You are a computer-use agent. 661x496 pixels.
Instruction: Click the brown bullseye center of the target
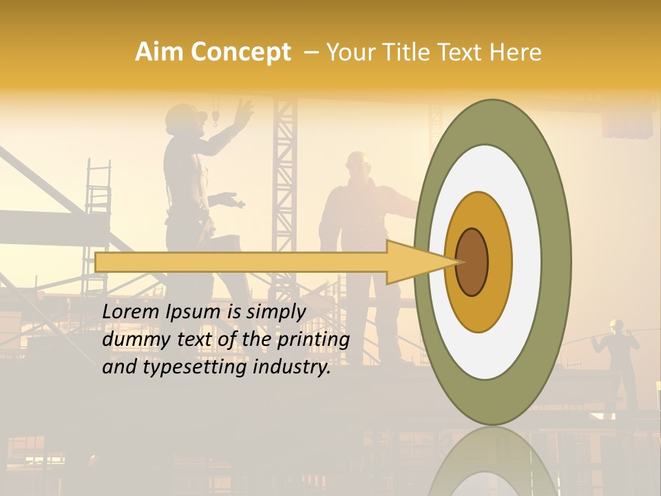(x=472, y=262)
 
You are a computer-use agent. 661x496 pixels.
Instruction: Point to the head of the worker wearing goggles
(x=358, y=165)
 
